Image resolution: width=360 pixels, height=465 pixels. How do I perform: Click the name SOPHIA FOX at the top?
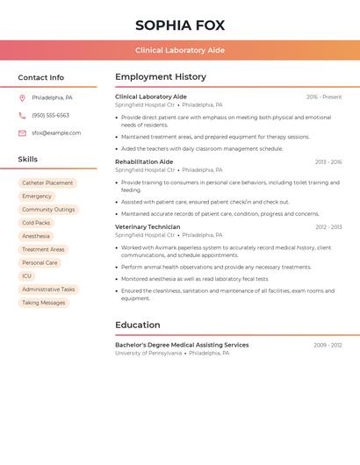pos(180,25)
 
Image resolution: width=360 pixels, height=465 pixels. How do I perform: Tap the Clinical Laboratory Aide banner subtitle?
pos(180,50)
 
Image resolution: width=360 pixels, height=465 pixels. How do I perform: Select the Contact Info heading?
pos(41,77)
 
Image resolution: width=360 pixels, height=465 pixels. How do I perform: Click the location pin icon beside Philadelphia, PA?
pos(22,97)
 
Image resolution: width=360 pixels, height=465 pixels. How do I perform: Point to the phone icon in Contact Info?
pos(22,115)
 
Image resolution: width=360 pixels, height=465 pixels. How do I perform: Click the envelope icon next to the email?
pos(22,133)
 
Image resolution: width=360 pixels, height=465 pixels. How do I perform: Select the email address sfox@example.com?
pos(56,133)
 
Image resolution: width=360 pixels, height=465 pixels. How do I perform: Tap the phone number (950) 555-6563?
pos(50,115)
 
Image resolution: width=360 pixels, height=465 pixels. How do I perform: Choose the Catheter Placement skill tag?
pos(47,183)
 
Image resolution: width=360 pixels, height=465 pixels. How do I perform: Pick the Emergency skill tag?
pos(37,197)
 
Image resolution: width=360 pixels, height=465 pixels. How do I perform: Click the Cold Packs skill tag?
pos(36,223)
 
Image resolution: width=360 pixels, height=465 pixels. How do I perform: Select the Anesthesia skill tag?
pos(36,236)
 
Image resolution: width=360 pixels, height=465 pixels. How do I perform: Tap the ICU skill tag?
pos(26,275)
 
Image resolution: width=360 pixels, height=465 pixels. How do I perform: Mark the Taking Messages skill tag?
pos(44,303)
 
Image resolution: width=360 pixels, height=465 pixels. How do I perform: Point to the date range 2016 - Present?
pos(324,97)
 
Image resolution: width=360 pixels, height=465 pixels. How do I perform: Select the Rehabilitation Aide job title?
pos(144,162)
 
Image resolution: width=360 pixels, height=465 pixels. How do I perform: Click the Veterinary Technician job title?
pos(148,227)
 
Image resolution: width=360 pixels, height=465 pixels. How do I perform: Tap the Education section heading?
pos(138,325)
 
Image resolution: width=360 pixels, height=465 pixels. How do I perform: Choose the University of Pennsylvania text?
pos(148,354)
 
